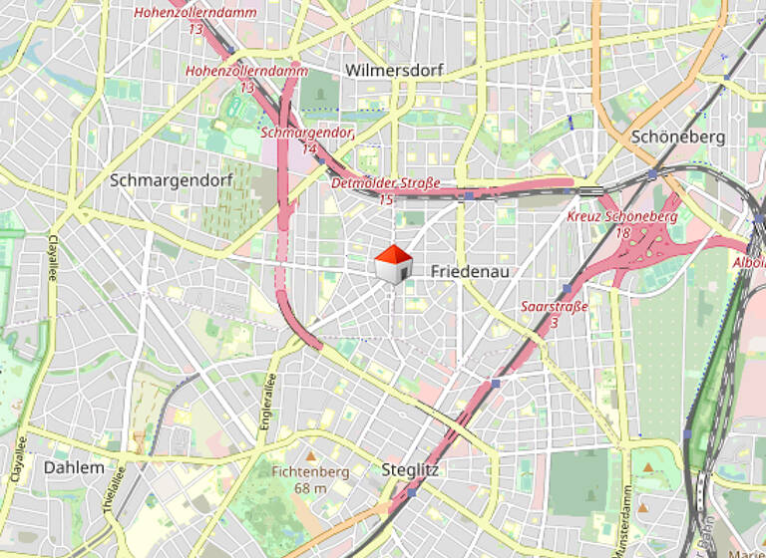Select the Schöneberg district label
[678, 137]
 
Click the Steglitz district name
[411, 469]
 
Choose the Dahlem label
[74, 467]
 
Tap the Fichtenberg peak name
[310, 472]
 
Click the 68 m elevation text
[310, 488]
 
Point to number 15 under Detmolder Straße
[385, 200]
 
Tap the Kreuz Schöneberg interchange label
[621, 216]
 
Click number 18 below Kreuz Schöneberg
[622, 232]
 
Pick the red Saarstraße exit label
[554, 307]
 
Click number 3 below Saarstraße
[554, 323]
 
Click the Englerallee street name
[267, 402]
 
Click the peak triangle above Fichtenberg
[309, 455]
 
